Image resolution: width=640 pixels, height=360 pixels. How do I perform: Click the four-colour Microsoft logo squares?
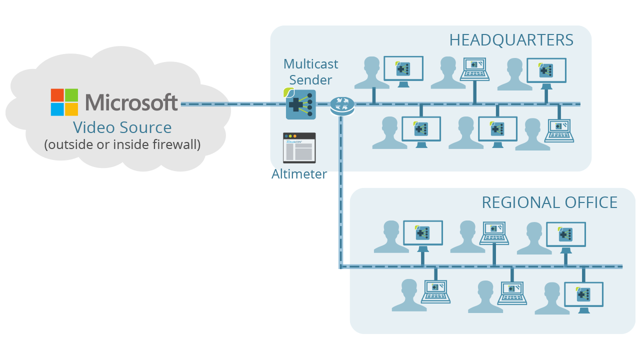coord(64,102)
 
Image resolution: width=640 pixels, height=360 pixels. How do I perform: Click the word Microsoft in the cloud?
coord(131,102)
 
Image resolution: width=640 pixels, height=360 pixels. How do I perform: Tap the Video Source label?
coord(122,127)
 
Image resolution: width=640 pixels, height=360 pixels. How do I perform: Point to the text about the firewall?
coord(122,144)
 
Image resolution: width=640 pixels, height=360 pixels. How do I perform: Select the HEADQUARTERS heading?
coord(511,40)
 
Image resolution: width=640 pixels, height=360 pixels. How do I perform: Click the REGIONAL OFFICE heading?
coord(549,202)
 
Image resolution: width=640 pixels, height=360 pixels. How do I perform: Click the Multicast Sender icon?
coord(300,104)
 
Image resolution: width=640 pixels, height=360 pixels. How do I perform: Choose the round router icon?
coord(342,104)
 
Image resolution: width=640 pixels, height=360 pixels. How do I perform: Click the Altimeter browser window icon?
coord(299,147)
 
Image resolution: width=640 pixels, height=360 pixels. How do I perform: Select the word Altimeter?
coord(299,174)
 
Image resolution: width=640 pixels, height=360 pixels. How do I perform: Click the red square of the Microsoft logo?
coord(57,95)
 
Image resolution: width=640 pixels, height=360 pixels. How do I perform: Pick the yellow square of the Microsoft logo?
coord(71,109)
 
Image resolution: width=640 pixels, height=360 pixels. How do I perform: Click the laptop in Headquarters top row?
coord(474,69)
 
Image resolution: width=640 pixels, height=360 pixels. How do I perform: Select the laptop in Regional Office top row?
coord(494,232)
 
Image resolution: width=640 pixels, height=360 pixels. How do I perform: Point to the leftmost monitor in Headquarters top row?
coord(403,70)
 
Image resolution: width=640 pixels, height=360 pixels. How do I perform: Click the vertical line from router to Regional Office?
coord(341,190)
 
